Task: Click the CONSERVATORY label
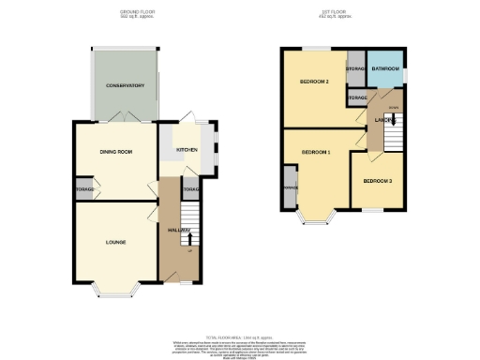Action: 125,85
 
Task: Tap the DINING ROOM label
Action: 117,151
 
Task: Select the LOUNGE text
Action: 110,243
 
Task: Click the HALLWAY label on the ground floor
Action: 179,231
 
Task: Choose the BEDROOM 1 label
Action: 316,152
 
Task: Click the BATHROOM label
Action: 384,69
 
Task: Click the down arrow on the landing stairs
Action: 394,108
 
